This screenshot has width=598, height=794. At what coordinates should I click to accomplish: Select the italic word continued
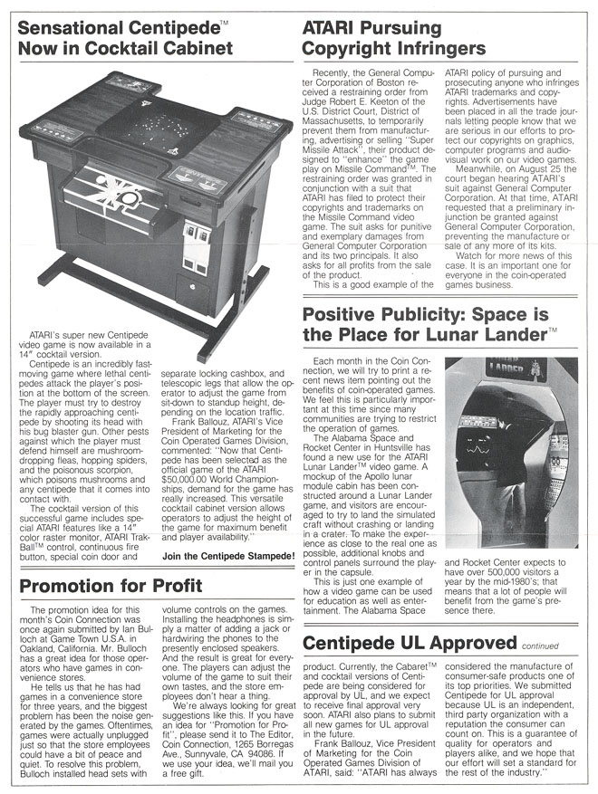click(x=543, y=646)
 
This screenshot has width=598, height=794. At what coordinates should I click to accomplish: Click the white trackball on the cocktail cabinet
click(x=129, y=197)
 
